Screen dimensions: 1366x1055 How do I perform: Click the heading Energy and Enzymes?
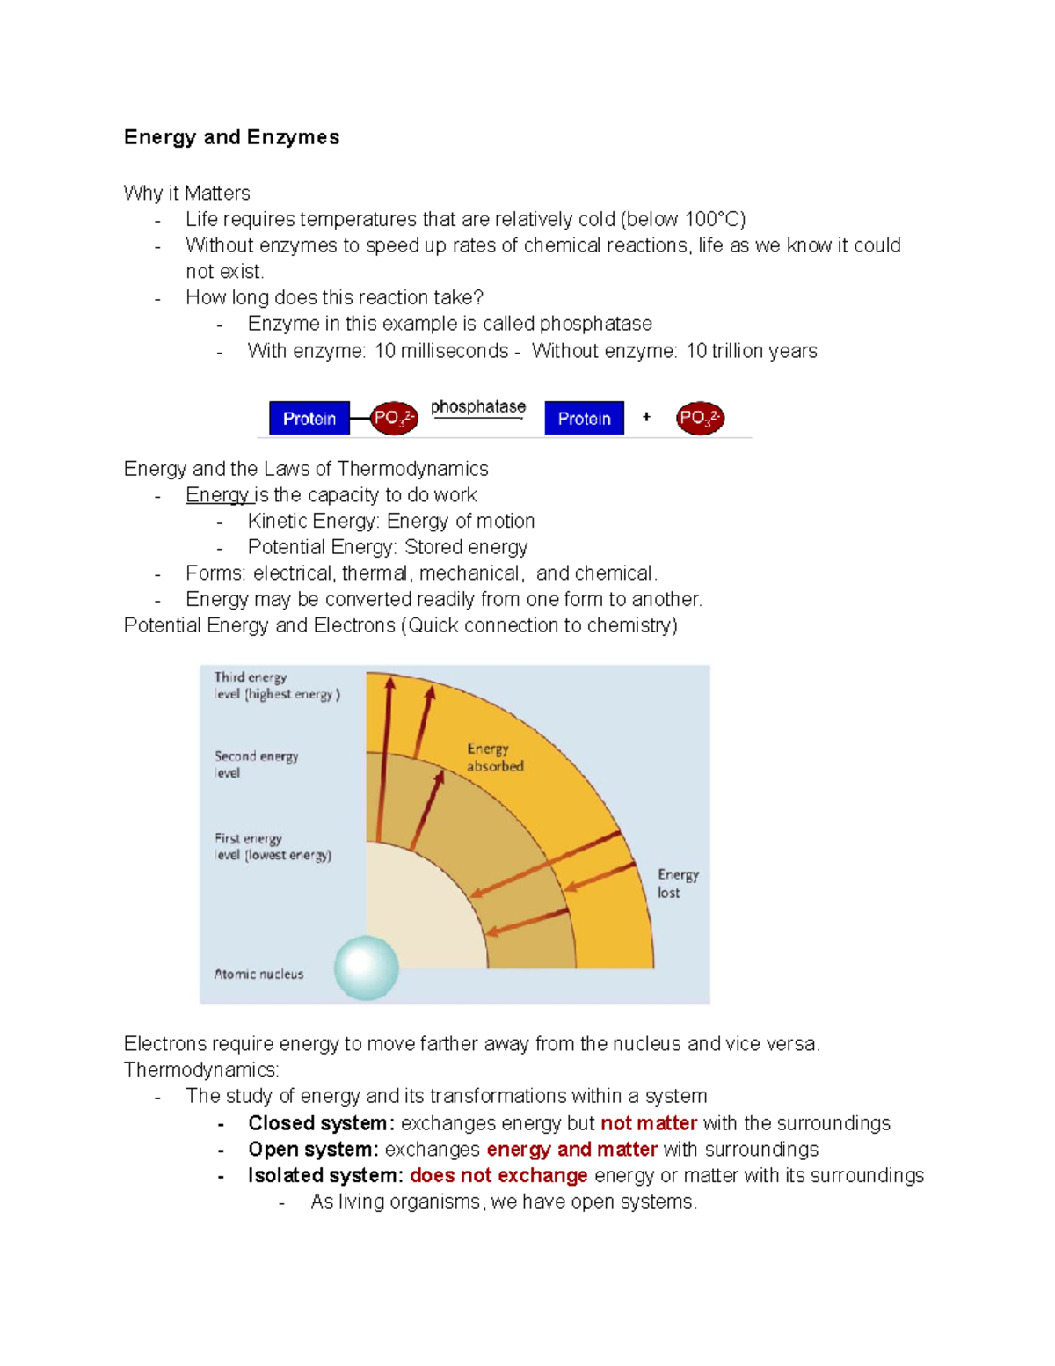point(231,137)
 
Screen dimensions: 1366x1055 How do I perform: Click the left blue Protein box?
point(309,419)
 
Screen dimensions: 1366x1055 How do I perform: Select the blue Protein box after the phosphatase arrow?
point(584,419)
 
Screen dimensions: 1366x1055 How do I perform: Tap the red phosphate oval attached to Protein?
point(393,418)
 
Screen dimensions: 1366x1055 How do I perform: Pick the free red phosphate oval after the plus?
point(700,418)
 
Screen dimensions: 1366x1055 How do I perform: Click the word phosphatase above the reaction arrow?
point(477,406)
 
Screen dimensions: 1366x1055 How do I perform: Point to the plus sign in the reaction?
point(646,417)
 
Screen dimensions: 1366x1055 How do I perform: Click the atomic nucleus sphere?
point(367,968)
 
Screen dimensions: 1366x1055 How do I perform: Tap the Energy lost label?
point(677,883)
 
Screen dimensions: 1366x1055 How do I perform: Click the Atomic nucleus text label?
point(258,974)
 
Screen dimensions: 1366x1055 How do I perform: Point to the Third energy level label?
point(276,685)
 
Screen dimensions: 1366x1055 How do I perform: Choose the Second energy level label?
point(256,763)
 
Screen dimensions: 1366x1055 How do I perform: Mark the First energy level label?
point(273,846)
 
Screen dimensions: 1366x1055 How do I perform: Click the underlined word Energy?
point(217,495)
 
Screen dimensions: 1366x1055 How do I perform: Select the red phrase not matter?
point(649,1123)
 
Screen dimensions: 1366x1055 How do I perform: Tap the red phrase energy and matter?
point(571,1150)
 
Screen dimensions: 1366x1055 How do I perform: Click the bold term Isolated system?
point(324,1176)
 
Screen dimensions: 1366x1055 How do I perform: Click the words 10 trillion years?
point(751,351)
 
